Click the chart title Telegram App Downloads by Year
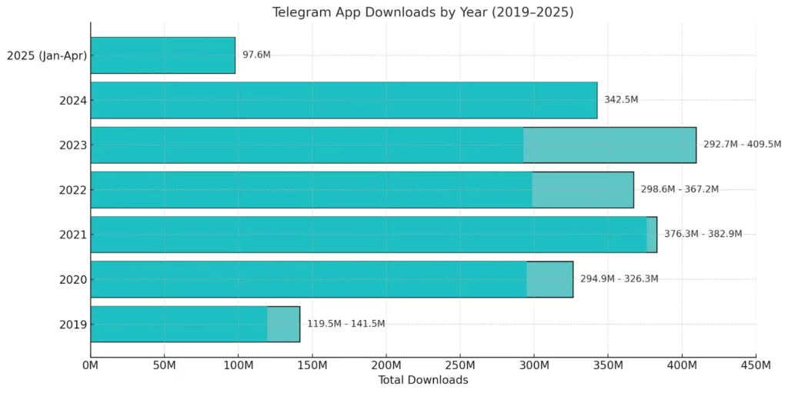point(422,12)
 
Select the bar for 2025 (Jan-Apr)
point(162,55)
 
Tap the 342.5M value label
point(621,100)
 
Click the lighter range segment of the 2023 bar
point(609,145)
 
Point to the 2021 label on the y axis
point(73,235)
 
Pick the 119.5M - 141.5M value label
point(346,324)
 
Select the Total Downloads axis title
point(422,381)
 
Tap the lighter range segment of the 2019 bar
point(283,324)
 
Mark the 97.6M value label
point(256,55)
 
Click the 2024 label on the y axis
point(73,100)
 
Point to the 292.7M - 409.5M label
point(742,145)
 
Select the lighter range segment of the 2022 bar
point(583,189)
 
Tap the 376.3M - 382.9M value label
point(703,234)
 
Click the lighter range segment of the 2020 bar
point(549,279)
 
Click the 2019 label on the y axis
point(73,324)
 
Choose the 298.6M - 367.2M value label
point(679,189)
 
